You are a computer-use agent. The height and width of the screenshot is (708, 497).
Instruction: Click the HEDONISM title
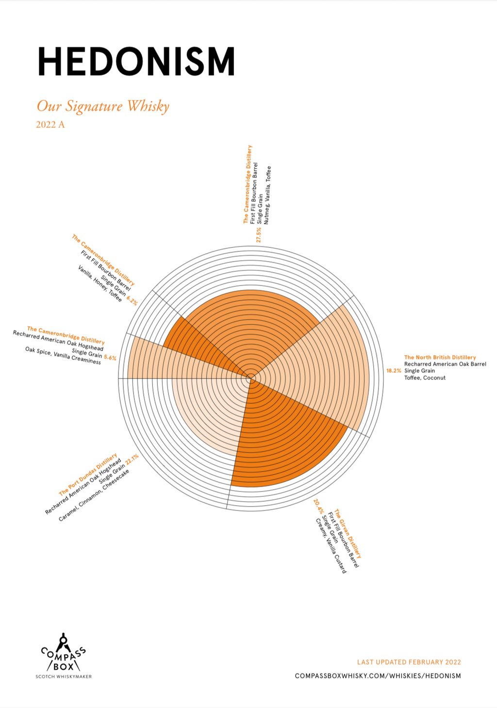136,62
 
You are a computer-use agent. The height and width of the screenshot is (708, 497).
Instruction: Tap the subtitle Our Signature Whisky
103,106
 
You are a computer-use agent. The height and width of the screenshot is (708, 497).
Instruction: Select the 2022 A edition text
50,125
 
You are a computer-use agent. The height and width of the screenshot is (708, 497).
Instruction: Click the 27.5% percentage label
258,234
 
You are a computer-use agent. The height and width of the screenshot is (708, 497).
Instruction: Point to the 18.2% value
394,370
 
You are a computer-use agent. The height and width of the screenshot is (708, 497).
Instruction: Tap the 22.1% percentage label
132,459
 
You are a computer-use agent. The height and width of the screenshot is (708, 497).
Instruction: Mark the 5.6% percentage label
110,358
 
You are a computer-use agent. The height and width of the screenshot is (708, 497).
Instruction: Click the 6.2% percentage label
132,300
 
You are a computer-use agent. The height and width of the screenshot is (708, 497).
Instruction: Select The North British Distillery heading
440,357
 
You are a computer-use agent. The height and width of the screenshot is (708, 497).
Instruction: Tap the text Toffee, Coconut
425,378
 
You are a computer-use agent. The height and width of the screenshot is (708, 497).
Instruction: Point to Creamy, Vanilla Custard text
331,546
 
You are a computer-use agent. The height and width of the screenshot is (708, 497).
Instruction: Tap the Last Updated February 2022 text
409,662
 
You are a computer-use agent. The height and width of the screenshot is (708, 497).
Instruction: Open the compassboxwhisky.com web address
378,675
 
